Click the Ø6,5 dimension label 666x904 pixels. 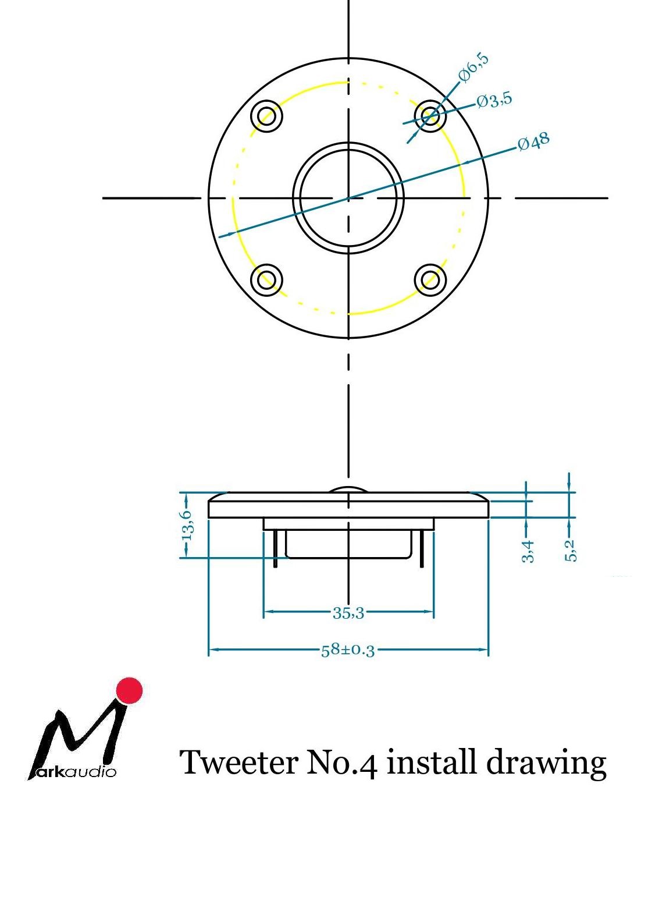click(x=473, y=68)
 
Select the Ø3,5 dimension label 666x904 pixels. click(x=494, y=100)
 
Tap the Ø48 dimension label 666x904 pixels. click(x=533, y=141)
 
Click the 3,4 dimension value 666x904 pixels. click(x=528, y=551)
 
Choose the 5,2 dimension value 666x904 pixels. click(x=571, y=551)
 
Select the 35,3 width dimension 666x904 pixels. click(x=348, y=613)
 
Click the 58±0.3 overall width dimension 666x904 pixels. click(x=348, y=650)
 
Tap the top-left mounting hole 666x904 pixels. click(x=266, y=116)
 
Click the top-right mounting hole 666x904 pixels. click(x=430, y=116)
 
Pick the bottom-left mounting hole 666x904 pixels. click(x=266, y=280)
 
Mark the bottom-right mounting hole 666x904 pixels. click(x=430, y=280)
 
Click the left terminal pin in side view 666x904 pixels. click(x=275, y=549)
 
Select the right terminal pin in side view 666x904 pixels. click(x=422, y=549)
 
